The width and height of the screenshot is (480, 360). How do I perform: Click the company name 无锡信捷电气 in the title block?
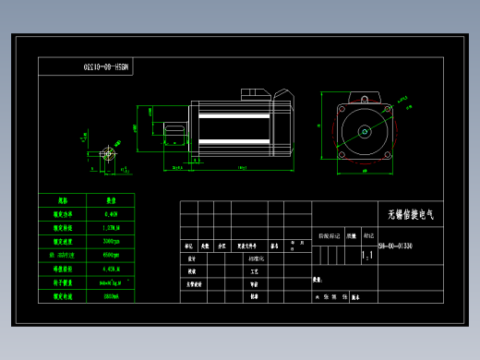pyautogui.click(x=411, y=214)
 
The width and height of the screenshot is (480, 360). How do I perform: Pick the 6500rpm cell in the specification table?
pyautogui.click(x=111, y=254)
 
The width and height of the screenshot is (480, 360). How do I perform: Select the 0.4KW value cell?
pyautogui.click(x=111, y=211)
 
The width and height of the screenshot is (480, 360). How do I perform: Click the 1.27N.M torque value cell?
pyautogui.click(x=111, y=224)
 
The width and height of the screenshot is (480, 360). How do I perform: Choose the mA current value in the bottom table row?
pyautogui.click(x=111, y=296)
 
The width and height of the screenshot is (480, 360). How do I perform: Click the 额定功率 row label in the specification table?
pyautogui.click(x=63, y=211)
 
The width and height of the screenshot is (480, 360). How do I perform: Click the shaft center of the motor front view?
pyautogui.click(x=365, y=131)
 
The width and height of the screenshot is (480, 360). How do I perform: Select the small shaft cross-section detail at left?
pyautogui.click(x=110, y=149)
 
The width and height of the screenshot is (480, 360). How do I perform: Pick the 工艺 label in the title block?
pyautogui.click(x=253, y=272)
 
